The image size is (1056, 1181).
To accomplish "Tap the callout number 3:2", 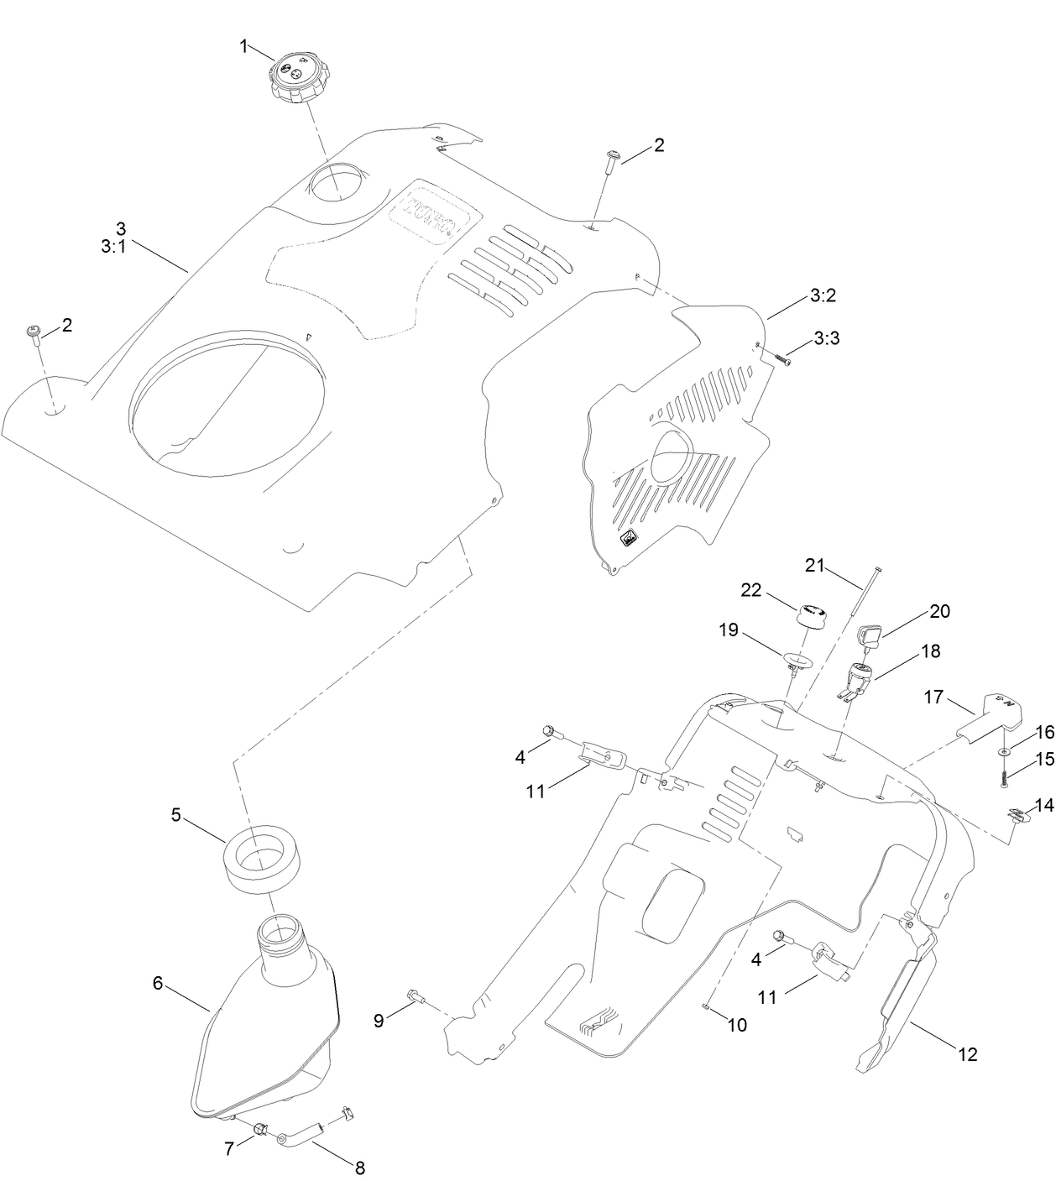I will pyautogui.click(x=823, y=295).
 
